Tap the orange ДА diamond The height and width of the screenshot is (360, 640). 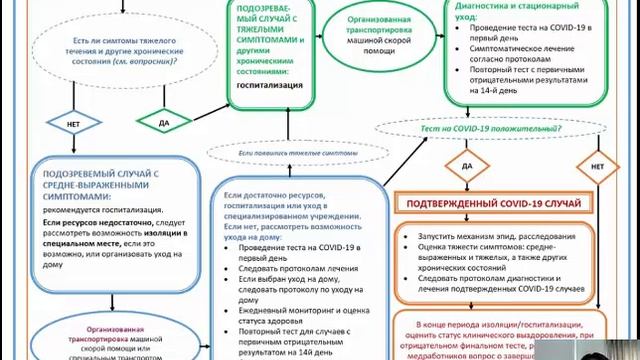click(x=467, y=164)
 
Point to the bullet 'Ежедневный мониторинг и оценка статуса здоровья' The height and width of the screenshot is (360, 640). click(x=302, y=316)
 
